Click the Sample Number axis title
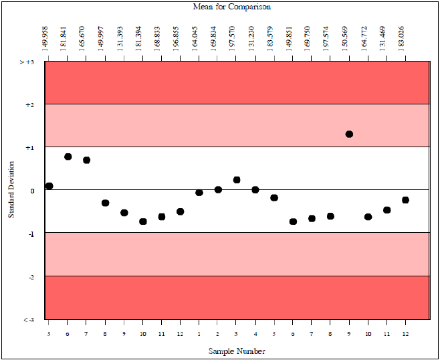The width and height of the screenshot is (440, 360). point(237,351)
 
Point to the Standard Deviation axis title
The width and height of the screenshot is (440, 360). point(11,190)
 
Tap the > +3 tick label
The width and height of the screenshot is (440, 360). point(26,62)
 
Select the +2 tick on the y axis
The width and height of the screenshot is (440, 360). point(29,104)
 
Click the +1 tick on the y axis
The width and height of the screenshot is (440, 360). point(29,147)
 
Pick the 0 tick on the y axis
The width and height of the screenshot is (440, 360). point(31,191)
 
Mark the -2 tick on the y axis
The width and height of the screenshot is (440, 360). point(29,276)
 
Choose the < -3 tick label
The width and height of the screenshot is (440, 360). point(28,320)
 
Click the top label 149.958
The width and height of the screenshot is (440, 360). point(49,37)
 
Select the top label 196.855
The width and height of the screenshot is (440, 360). point(181,37)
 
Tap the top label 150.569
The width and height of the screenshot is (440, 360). point(349,37)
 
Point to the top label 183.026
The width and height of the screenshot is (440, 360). point(405,37)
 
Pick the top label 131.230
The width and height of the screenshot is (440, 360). point(255,37)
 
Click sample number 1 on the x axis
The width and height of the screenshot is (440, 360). point(199,333)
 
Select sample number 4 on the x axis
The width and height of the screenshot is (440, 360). point(255,333)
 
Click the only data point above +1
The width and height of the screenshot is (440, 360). point(349,134)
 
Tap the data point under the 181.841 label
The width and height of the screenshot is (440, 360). point(68,157)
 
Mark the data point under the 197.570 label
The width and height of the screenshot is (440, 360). point(237,180)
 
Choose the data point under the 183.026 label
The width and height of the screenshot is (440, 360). point(405,200)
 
